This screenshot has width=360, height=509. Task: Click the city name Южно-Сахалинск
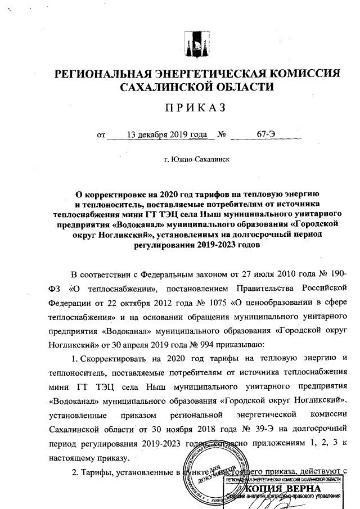click(x=197, y=160)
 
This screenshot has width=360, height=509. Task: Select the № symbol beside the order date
click(x=222, y=136)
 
